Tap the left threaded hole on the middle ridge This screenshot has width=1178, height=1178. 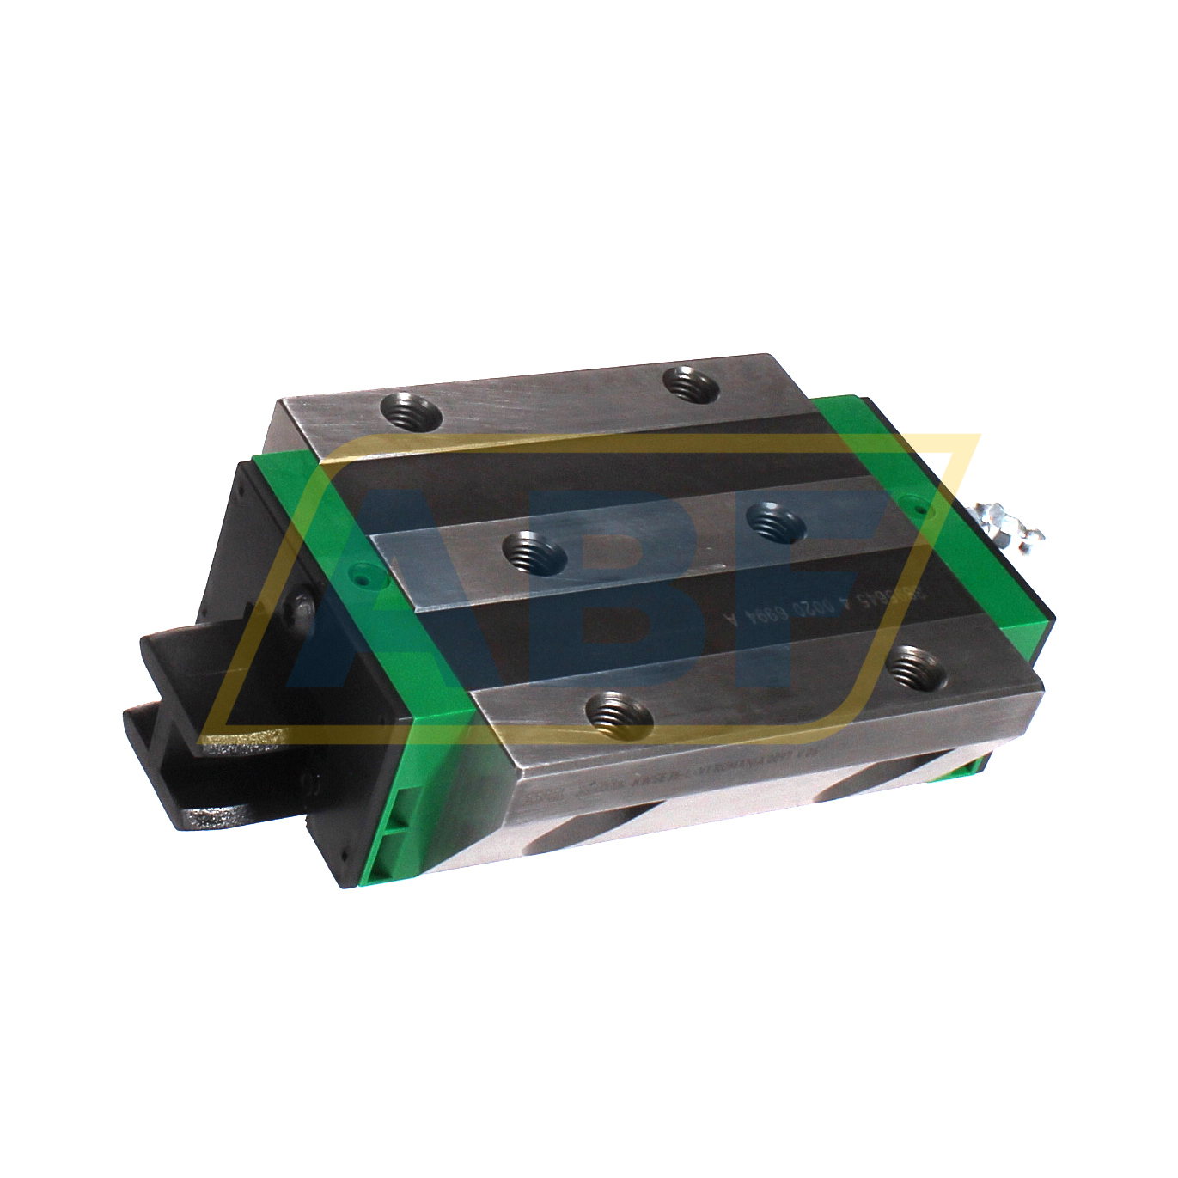point(533,552)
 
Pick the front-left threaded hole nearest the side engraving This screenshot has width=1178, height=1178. point(618,715)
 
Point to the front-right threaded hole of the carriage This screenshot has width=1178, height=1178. point(915,669)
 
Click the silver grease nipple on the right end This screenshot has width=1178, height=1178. point(1010,525)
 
